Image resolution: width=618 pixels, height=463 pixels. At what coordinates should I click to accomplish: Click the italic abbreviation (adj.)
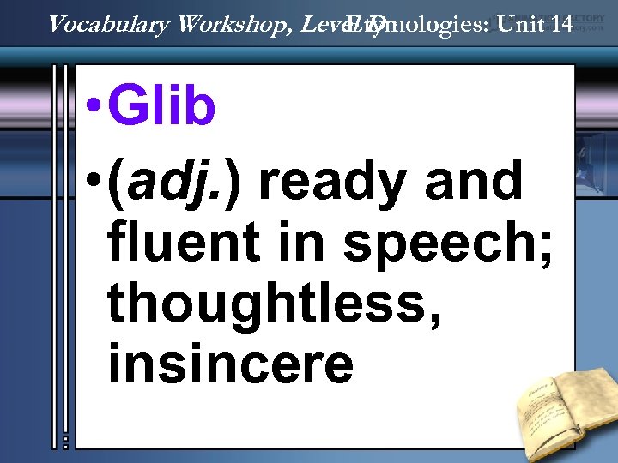click(178, 182)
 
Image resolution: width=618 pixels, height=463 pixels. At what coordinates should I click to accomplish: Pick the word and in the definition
click(476, 180)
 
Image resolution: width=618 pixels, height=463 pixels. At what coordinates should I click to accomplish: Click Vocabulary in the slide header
click(108, 24)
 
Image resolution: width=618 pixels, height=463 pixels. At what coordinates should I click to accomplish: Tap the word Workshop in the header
click(234, 23)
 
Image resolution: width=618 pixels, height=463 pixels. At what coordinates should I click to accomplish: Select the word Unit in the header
click(522, 23)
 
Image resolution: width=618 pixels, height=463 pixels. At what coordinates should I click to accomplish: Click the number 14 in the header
click(562, 23)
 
